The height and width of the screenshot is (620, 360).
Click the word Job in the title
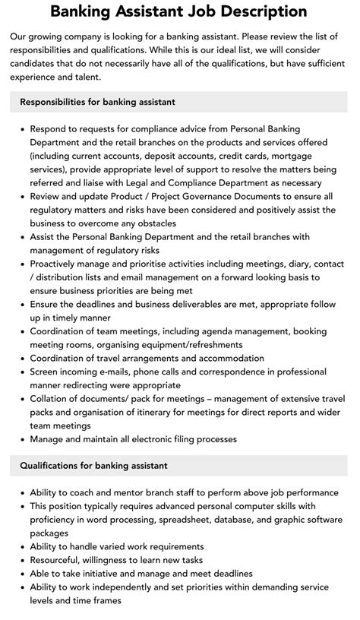pyautogui.click(x=201, y=11)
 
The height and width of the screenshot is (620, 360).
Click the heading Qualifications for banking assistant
pyautogui.click(x=94, y=465)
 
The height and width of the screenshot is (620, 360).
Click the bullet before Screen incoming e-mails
pyautogui.click(x=22, y=372)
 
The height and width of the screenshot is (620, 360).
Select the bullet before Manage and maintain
pyautogui.click(x=22, y=439)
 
